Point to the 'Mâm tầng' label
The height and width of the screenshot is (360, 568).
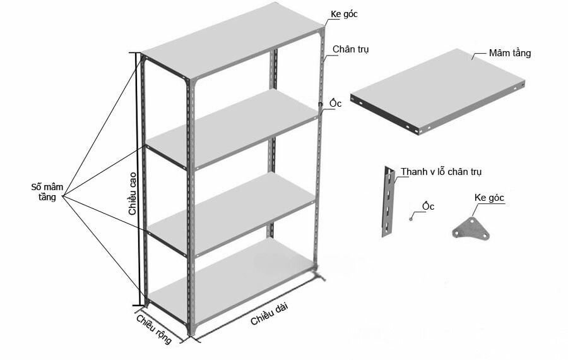click(509, 53)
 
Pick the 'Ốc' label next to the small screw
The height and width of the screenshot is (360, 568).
click(429, 207)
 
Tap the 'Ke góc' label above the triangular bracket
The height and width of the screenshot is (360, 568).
click(489, 198)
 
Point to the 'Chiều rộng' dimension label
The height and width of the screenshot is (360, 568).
click(154, 328)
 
